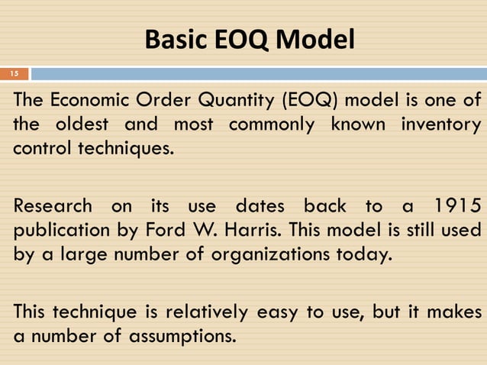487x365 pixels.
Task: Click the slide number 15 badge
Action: (x=14, y=74)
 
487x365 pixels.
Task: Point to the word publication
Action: (x=58, y=229)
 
